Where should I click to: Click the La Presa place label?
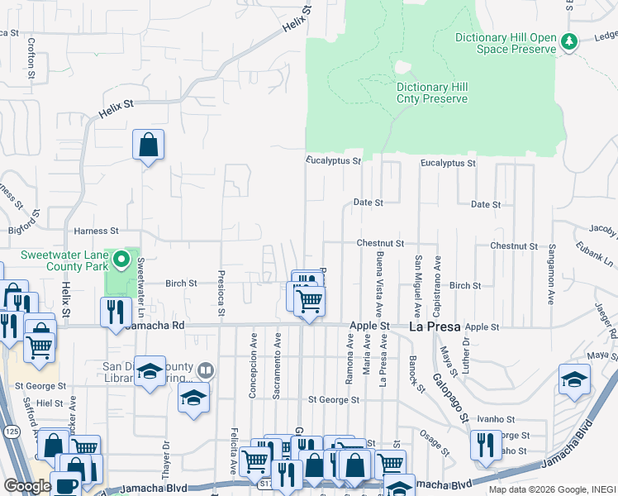point(435,327)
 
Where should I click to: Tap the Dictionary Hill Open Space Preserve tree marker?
point(568,41)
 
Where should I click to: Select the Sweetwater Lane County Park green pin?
point(121,261)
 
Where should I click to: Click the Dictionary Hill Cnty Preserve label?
point(432,93)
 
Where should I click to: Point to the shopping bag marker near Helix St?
point(148,145)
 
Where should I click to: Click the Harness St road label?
point(97,231)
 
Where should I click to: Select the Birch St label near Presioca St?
point(181,283)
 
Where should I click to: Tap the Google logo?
point(26,486)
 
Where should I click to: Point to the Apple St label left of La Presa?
point(369,327)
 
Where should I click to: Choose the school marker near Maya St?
point(574,379)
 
